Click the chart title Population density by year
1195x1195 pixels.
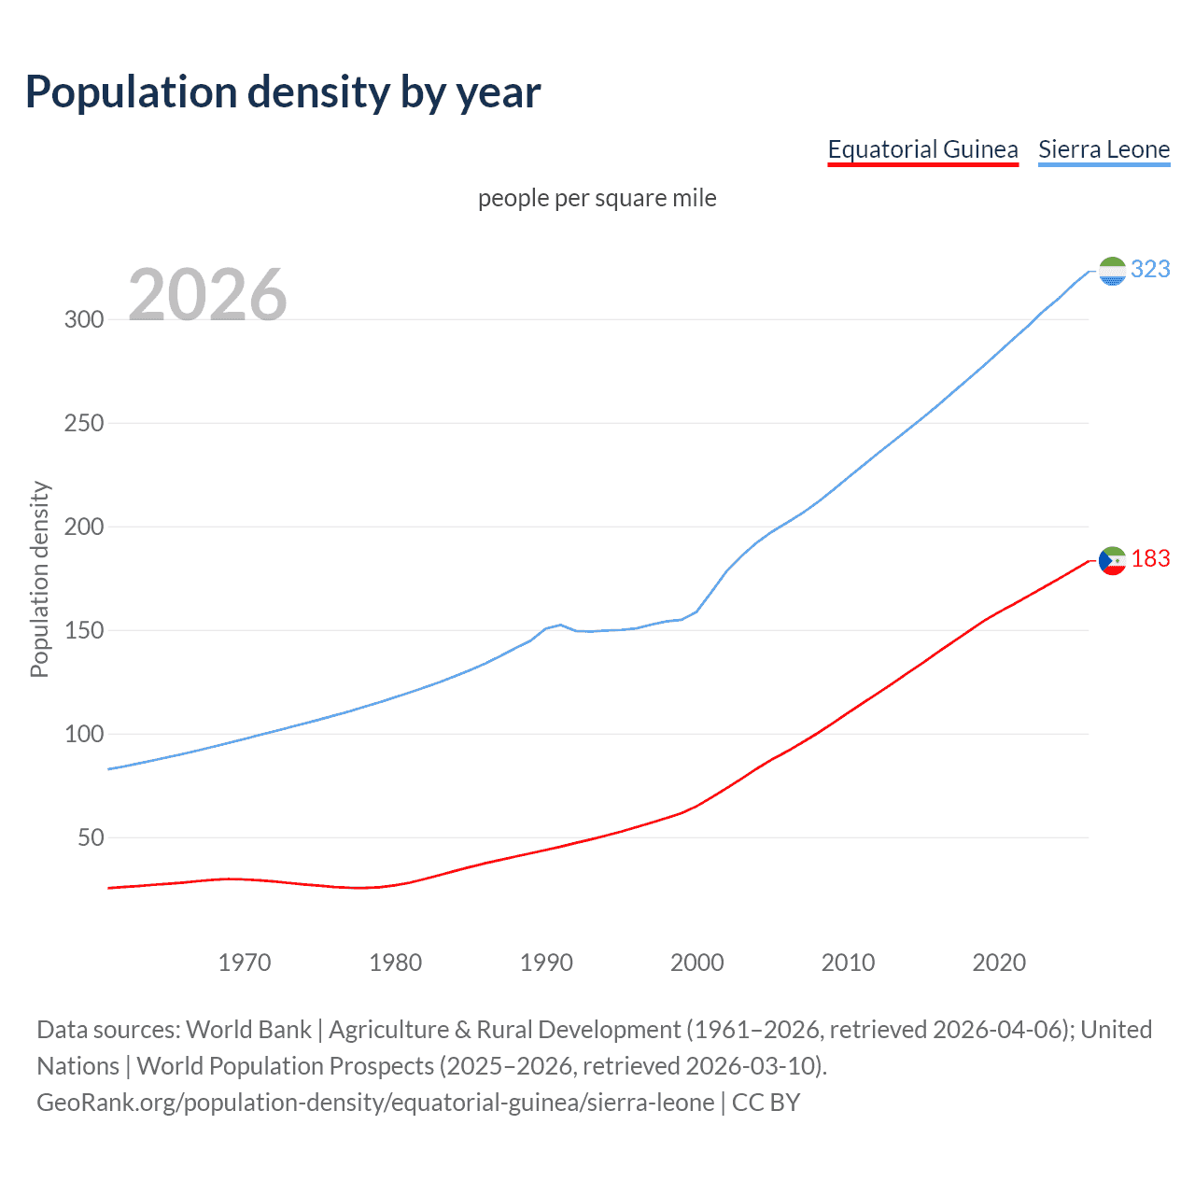(x=283, y=92)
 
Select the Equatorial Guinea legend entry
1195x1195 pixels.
(x=922, y=149)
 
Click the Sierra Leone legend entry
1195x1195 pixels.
(x=1104, y=149)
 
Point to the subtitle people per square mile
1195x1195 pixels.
(x=597, y=198)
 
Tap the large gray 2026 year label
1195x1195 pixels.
(x=207, y=295)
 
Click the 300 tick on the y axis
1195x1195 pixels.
(x=83, y=319)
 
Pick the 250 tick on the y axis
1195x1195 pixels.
(x=83, y=423)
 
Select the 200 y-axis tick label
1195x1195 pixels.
(x=83, y=527)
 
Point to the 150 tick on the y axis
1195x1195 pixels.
(x=83, y=630)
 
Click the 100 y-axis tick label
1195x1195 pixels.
(x=83, y=734)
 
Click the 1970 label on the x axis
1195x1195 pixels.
(x=245, y=963)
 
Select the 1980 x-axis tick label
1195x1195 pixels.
(x=396, y=963)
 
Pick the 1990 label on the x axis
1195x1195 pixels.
(x=546, y=963)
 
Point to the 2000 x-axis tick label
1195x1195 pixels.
(x=697, y=963)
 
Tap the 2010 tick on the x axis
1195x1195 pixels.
(x=848, y=963)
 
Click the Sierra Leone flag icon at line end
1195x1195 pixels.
(x=1112, y=271)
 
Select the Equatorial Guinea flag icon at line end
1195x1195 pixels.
(x=1112, y=560)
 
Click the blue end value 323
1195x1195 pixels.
(x=1150, y=270)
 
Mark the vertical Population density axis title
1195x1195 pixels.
(x=39, y=579)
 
